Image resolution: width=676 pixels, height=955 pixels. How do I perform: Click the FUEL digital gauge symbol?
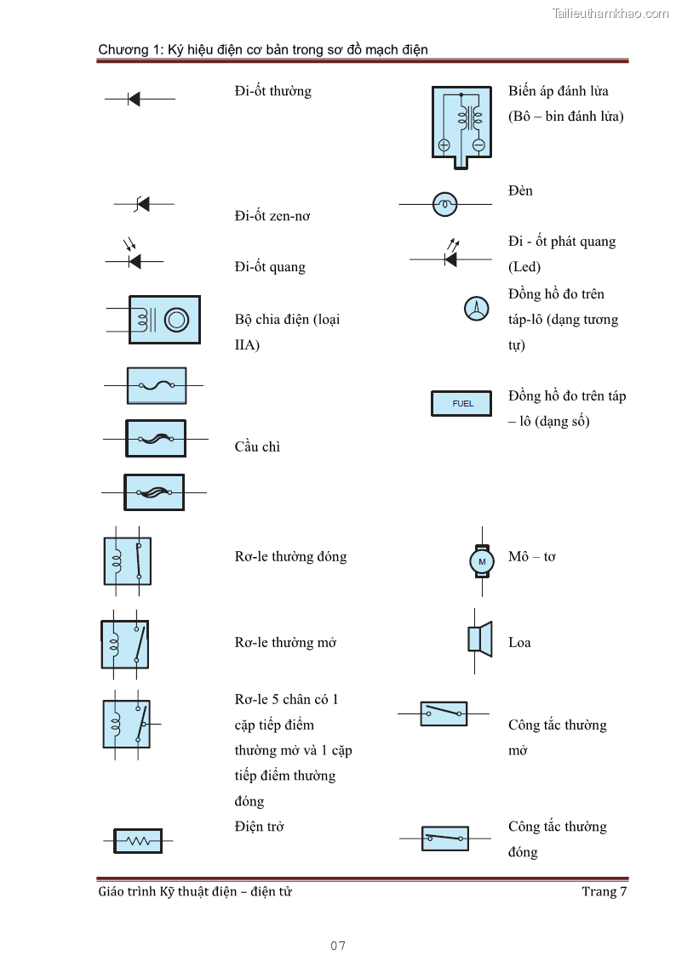(x=462, y=403)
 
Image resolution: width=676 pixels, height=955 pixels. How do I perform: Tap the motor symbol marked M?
(x=482, y=561)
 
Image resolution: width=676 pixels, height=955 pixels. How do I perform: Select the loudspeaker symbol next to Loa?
(x=480, y=639)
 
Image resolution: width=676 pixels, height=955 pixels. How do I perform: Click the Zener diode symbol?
(x=142, y=204)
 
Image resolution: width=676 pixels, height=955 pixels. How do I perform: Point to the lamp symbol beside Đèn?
(x=444, y=204)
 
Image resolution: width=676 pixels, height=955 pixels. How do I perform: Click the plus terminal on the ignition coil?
(x=444, y=145)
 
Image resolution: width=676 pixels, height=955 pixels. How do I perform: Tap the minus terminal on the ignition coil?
(x=478, y=145)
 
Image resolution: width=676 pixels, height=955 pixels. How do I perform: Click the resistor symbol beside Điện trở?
(x=138, y=840)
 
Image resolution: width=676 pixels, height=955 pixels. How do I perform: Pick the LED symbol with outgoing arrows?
(x=450, y=257)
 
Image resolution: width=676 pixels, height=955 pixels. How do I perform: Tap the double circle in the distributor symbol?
(x=176, y=320)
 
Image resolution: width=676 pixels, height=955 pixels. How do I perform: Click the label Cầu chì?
(x=257, y=446)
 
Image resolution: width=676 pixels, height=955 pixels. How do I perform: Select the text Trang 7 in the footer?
(x=604, y=891)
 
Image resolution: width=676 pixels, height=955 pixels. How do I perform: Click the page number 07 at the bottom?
(x=338, y=946)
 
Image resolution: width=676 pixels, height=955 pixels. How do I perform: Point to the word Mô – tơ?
(x=532, y=557)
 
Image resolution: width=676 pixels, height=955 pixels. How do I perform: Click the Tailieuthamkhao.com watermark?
(x=610, y=14)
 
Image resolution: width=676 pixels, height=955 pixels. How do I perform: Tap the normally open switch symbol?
(x=444, y=713)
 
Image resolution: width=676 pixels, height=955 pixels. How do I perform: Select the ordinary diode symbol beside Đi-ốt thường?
(x=134, y=99)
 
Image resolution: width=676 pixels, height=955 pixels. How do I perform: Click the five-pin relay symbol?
(x=128, y=724)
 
